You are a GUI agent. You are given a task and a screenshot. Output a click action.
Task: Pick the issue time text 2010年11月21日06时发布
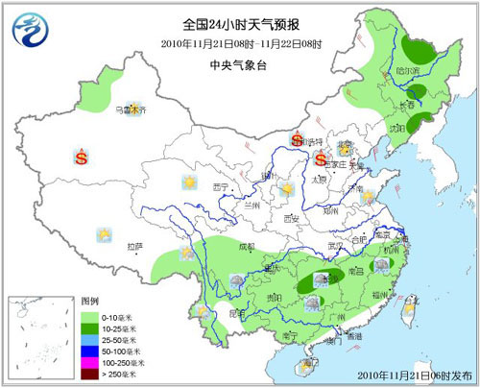click(x=419, y=373)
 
